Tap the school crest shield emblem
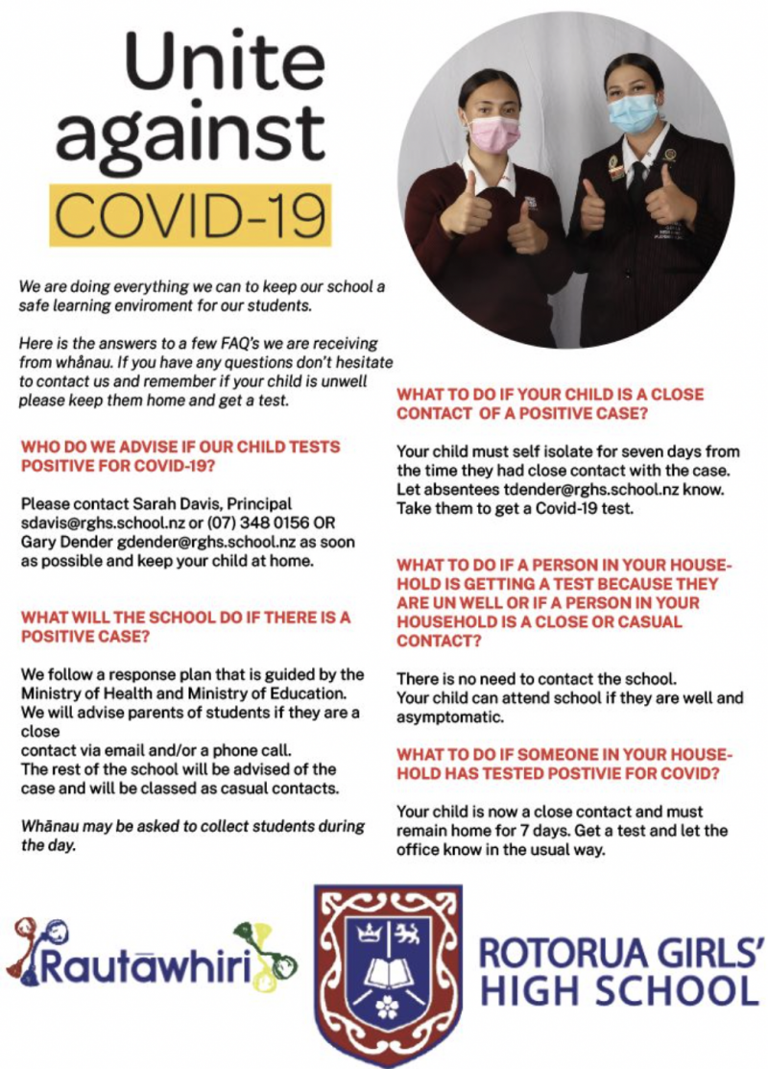point(389,970)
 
